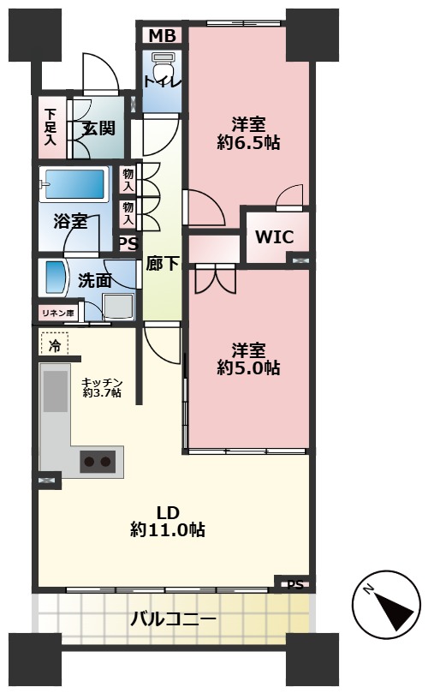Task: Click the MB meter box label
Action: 162,36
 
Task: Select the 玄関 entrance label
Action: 99,128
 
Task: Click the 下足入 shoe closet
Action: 51,128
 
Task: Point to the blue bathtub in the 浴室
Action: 75,184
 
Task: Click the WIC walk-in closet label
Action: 274,237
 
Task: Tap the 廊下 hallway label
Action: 163,264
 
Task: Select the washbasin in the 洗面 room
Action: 53,278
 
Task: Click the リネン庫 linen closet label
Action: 58,314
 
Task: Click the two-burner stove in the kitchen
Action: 98,462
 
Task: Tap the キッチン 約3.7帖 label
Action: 102,387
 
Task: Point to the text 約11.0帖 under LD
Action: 168,529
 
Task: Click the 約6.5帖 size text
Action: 248,143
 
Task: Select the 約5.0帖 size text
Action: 248,367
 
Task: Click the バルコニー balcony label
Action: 173,618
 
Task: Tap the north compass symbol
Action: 386,605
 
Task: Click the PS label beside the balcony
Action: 295,585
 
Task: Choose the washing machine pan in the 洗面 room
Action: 118,307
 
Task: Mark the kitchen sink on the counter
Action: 55,391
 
